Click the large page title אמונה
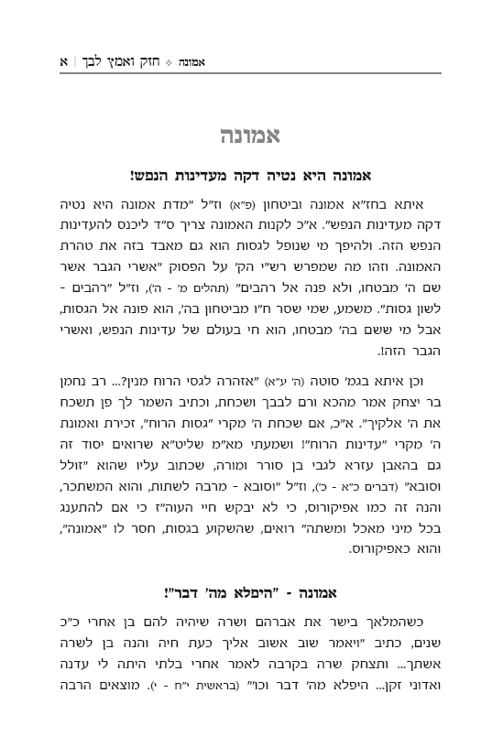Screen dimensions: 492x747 point(245,136)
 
